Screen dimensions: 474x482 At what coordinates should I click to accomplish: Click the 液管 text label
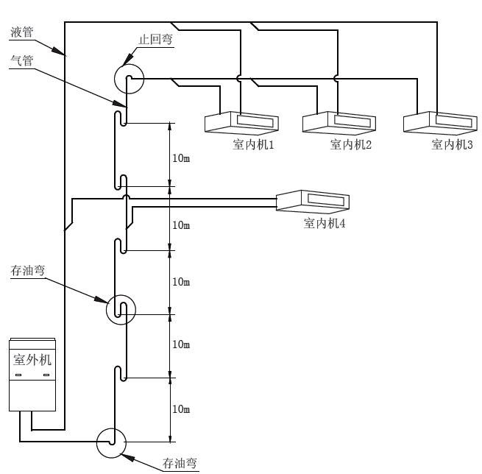tap(22, 32)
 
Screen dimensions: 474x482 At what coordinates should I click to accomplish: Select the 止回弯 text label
tap(157, 40)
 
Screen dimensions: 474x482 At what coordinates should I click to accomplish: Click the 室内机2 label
tap(351, 144)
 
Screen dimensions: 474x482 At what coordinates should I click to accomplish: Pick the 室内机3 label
tap(452, 144)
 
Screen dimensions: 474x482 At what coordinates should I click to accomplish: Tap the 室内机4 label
tap(325, 222)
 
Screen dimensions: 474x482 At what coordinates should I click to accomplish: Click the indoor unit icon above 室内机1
tap(241, 121)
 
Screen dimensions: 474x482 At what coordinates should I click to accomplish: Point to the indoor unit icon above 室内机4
tap(312, 201)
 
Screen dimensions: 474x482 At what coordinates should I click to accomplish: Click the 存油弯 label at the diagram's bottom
tap(180, 463)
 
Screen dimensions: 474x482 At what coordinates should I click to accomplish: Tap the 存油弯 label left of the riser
tap(28, 272)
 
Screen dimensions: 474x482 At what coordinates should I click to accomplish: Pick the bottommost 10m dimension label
tap(181, 408)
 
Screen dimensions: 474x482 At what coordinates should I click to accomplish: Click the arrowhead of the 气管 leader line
tap(117, 107)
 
